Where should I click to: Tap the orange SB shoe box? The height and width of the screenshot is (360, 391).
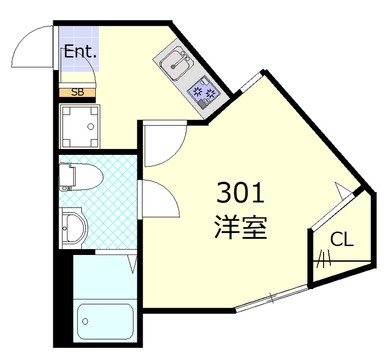[x=78, y=91]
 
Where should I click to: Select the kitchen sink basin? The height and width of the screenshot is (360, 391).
[x=174, y=64]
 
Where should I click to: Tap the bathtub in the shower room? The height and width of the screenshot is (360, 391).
[x=106, y=321]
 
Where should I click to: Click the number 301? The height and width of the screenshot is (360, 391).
[x=240, y=193]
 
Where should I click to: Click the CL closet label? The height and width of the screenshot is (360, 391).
[x=342, y=239]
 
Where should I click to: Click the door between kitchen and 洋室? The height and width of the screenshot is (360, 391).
[x=164, y=144]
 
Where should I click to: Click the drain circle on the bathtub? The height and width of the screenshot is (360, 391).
[x=86, y=321]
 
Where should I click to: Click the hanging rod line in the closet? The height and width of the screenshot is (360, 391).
[x=342, y=260]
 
